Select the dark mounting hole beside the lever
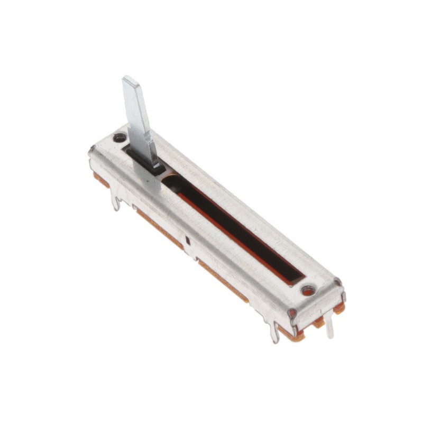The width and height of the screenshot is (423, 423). click(120, 138)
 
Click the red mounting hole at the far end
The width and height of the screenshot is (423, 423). click(308, 290)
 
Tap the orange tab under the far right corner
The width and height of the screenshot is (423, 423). click(339, 308)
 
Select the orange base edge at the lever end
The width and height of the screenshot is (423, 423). click(100, 180)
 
